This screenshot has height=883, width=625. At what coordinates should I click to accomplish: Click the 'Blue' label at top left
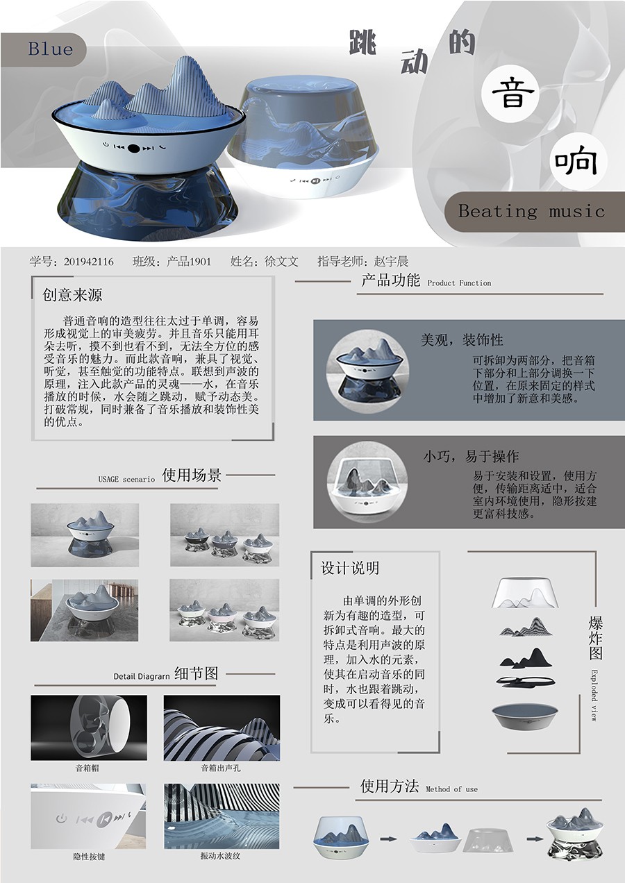51,49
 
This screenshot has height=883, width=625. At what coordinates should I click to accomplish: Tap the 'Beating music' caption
531,211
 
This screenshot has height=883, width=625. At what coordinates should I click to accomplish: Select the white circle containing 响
578,161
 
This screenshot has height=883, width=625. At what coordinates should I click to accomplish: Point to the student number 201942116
89,261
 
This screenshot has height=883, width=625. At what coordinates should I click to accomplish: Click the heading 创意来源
72,295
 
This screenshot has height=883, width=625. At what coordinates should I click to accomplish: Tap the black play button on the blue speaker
133,148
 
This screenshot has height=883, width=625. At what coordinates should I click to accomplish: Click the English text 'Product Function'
460,283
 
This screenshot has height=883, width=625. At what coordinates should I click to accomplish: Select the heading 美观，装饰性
462,339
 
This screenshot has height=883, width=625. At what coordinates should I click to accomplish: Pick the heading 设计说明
350,568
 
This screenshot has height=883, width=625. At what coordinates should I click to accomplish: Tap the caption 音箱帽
87,768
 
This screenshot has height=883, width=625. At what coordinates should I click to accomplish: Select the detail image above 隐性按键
88,816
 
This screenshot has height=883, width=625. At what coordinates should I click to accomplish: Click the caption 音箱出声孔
221,768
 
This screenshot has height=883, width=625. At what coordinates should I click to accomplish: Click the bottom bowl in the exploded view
525,716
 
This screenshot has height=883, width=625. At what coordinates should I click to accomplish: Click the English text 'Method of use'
452,789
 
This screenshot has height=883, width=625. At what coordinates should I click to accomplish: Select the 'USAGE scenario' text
126,479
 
